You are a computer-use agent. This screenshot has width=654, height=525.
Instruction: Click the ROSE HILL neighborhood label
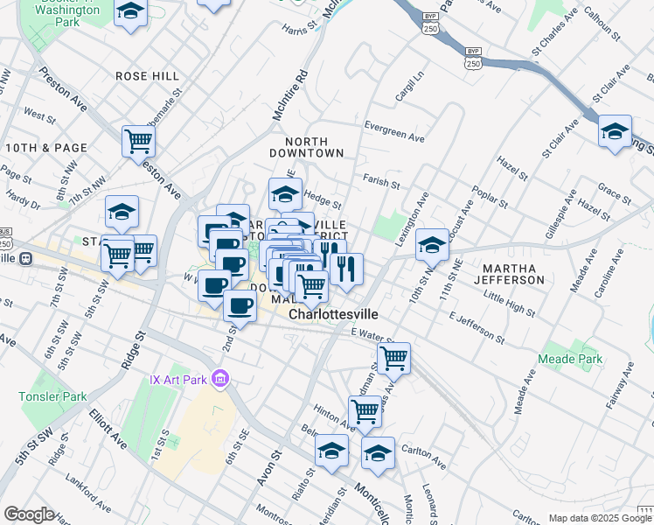pos(147,76)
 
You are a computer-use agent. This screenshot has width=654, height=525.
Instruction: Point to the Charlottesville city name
pos(338,312)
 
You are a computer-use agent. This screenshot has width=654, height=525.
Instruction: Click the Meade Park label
pos(571,359)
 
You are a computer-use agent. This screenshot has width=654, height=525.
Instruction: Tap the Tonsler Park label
pos(52,396)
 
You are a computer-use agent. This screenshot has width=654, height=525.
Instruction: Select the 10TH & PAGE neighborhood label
pos(46,148)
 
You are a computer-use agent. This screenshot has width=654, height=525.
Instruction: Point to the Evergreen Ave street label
pos(393,131)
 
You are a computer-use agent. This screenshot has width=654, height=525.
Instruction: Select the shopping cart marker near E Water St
pos(394,356)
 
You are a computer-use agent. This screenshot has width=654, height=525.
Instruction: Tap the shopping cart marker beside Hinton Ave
pos(365,409)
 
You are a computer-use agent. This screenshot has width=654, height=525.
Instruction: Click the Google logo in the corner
pos(29,514)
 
